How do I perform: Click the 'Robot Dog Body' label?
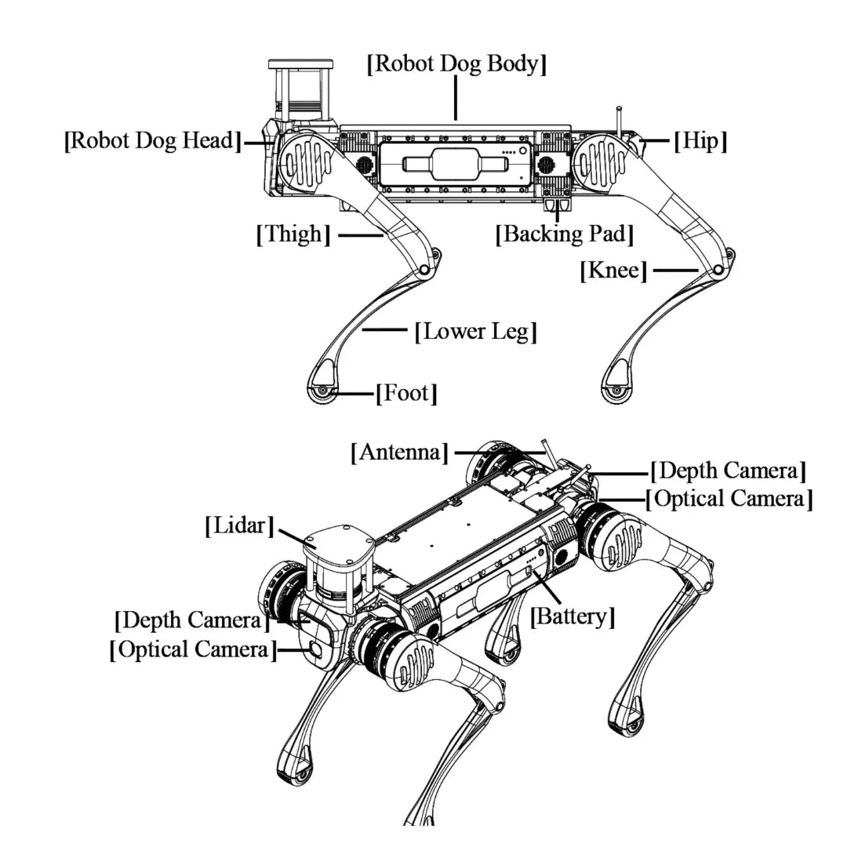tap(456, 64)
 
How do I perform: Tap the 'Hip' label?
tap(700, 141)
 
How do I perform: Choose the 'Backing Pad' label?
tap(564, 234)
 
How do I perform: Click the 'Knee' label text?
tap(613, 271)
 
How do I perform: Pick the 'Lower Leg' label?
tap(476, 331)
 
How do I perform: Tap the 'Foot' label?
tap(406, 392)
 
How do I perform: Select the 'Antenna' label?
tap(401, 452)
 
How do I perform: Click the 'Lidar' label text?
tap(239, 525)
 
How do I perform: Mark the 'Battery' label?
tap(573, 616)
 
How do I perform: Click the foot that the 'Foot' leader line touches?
tap(322, 390)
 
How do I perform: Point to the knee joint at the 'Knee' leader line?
tap(718, 270)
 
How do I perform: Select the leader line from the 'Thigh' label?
tap(358, 234)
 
